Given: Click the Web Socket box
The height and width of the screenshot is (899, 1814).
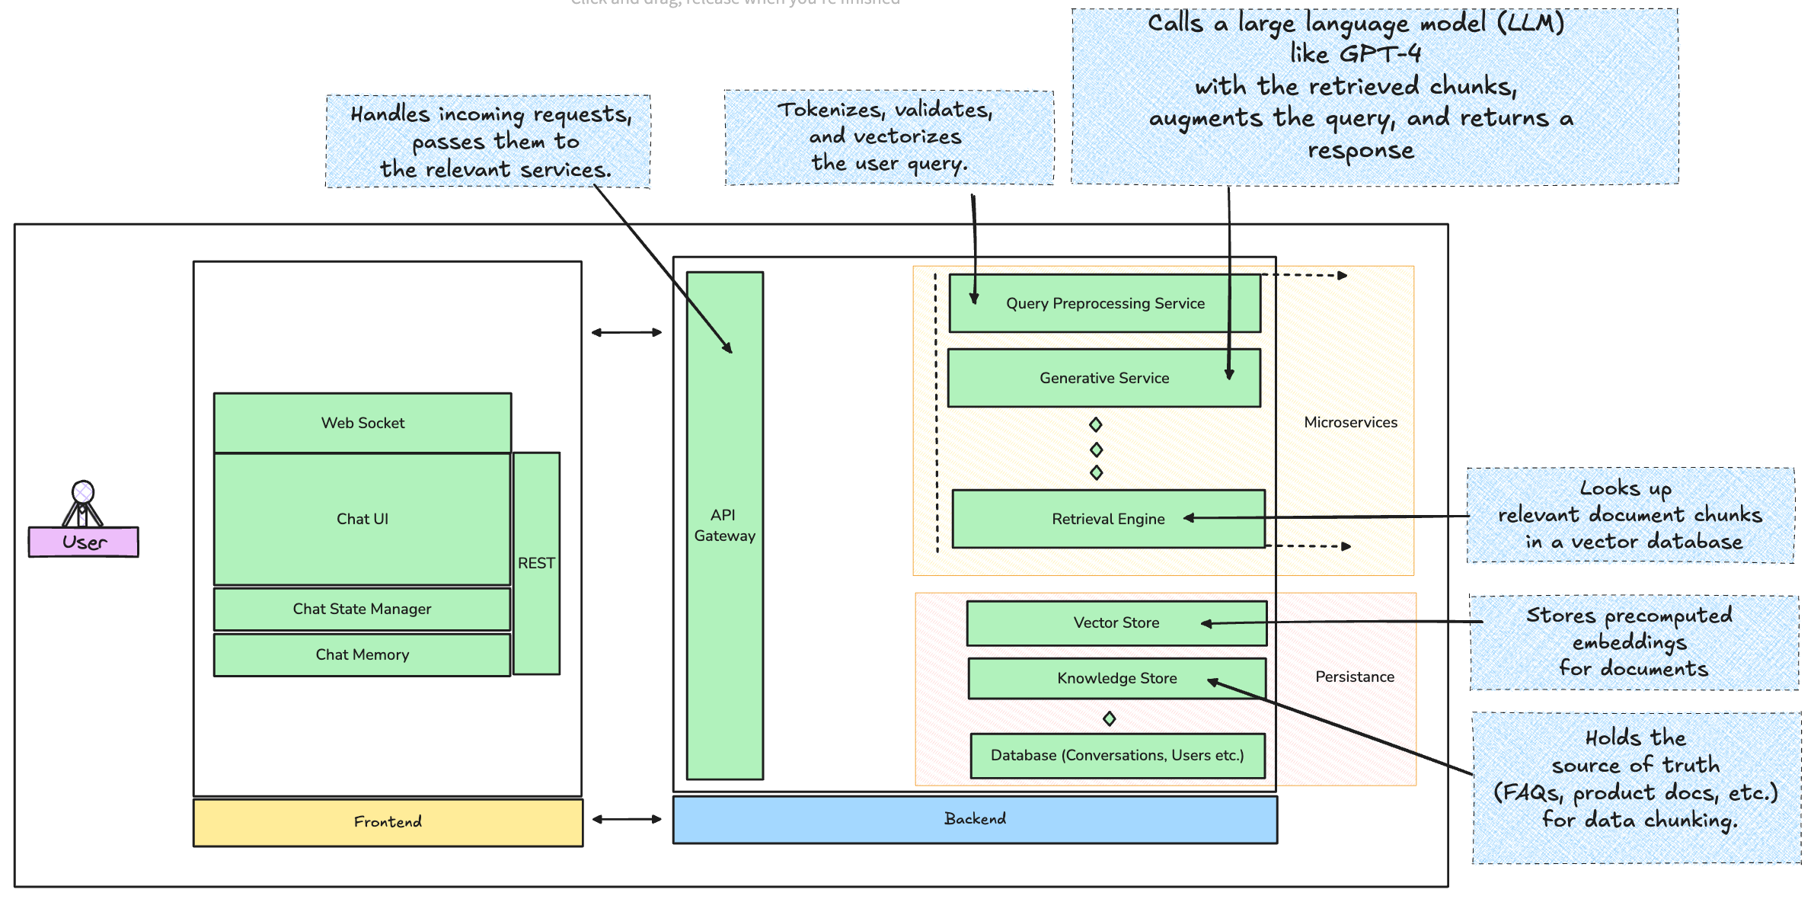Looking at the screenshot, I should (362, 423).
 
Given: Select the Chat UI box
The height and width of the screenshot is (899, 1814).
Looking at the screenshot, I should (362, 519).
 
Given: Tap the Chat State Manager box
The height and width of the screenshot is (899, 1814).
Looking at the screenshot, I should (362, 609).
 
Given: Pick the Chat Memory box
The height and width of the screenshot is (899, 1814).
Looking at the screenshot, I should (362, 654).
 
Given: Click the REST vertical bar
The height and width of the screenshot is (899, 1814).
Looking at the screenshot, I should (536, 563).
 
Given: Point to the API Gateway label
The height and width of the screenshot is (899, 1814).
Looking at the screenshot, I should (724, 525).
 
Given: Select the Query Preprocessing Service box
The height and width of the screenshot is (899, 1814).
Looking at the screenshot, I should (1105, 303).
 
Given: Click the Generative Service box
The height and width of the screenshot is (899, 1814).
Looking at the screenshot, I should (1104, 378).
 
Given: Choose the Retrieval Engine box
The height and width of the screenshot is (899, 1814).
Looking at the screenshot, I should (1108, 519).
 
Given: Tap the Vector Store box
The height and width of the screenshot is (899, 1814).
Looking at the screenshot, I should (1116, 622).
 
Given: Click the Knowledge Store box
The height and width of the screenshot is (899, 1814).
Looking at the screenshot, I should (1116, 678).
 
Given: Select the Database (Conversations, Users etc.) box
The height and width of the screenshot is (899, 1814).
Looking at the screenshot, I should (1117, 755).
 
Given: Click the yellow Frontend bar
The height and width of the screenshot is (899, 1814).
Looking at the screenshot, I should (388, 821).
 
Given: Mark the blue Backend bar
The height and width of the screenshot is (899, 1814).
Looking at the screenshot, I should (975, 819).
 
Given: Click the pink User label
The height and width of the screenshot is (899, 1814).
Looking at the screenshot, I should (84, 542).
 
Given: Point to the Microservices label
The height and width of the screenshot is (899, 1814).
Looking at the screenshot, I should (1350, 422).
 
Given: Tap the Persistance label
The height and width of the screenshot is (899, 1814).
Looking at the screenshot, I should (1355, 677).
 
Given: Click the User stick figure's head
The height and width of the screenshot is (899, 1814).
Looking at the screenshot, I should (83, 491).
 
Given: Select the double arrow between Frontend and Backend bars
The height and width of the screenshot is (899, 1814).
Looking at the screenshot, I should (627, 819).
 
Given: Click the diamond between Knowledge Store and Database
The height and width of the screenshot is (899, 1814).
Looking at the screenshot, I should (1110, 718).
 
